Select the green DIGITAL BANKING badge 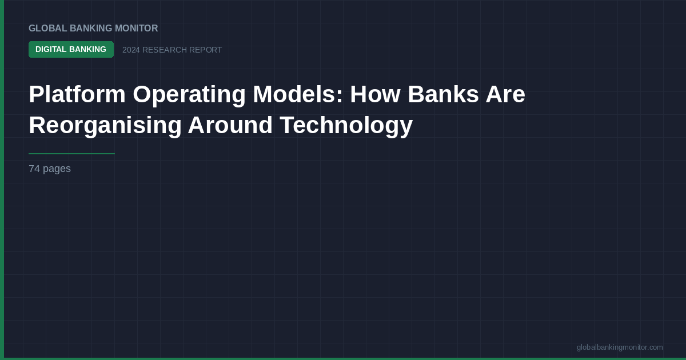(71, 50)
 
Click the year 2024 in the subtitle (131, 50)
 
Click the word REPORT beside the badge (205, 50)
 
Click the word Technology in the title (346, 125)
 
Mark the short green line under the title (71, 154)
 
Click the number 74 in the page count (34, 169)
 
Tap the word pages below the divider (57, 169)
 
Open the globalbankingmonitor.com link (620, 347)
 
